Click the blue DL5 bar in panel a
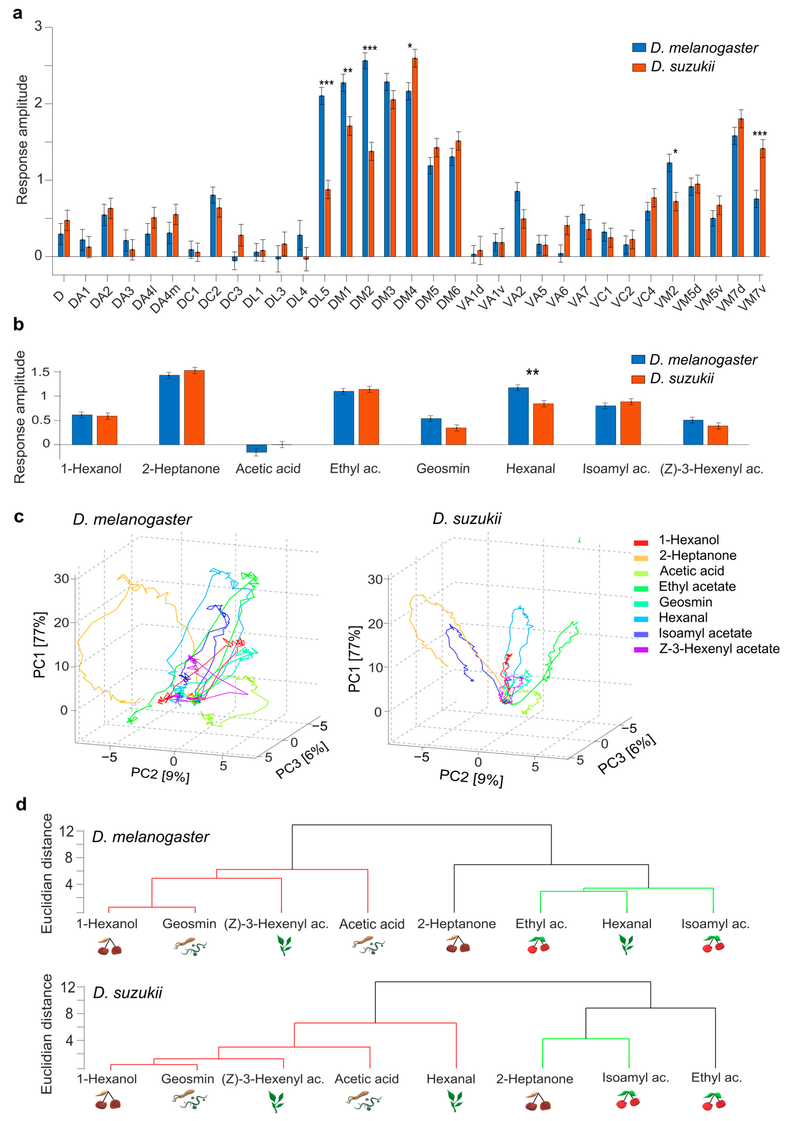coord(321,176)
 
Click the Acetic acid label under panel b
coord(268,469)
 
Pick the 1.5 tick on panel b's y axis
coord(41,372)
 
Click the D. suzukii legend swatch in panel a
coord(639,67)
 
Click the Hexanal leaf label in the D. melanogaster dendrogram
coord(626,924)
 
